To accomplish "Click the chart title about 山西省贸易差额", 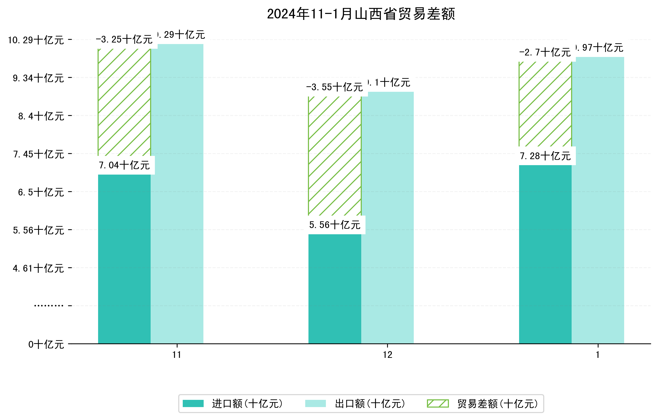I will [361, 14].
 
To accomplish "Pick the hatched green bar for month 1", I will [545, 104].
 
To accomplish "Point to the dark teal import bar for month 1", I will [545, 254].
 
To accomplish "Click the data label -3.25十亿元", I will [124, 40].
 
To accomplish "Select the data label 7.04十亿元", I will [124, 165].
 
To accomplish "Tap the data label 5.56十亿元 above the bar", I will [335, 225].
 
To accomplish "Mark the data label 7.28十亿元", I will [545, 156].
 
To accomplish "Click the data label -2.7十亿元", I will [545, 52].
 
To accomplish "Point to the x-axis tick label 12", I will [387, 355].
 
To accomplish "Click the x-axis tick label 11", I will [177, 355].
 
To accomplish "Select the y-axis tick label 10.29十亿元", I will [36, 40].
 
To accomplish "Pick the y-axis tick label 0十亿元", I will [46, 344].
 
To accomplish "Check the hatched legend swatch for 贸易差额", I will [437, 403].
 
